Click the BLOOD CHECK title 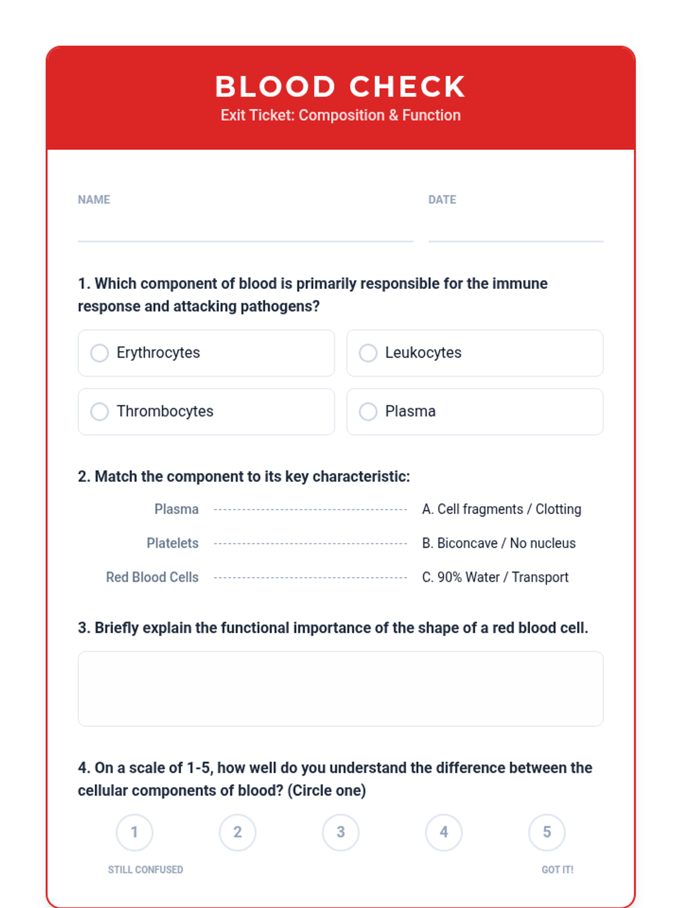(x=340, y=87)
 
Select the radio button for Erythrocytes (x=99, y=353)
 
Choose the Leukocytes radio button (x=368, y=353)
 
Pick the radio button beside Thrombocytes (x=99, y=411)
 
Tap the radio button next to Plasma (x=368, y=411)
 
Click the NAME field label (x=94, y=200)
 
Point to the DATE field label (x=442, y=200)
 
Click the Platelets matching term (x=173, y=543)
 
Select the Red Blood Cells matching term (x=152, y=577)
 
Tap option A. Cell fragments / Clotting (x=502, y=509)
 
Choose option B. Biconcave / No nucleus (x=499, y=543)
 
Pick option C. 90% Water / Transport (x=495, y=577)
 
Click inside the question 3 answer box (x=340, y=688)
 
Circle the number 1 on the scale (x=134, y=833)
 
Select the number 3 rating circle (x=340, y=833)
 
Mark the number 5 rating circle (x=547, y=833)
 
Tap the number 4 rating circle (x=444, y=833)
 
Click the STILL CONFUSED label (x=145, y=869)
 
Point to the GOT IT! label (x=557, y=869)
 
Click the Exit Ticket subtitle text (x=340, y=115)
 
